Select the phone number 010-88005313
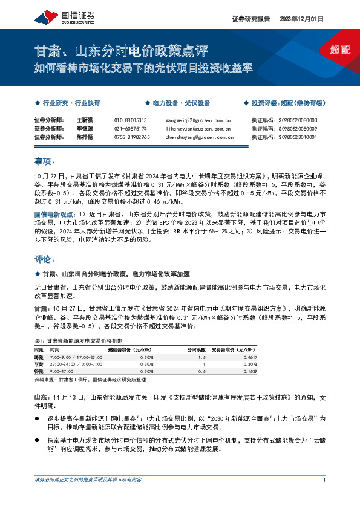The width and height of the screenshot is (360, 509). [130, 120]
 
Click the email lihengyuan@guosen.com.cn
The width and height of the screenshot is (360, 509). [198, 129]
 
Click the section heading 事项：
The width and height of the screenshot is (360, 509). [45, 161]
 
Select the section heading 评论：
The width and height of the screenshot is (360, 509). [45, 259]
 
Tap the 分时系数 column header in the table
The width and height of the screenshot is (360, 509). [197, 349]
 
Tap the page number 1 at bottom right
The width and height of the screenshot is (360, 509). [325, 479]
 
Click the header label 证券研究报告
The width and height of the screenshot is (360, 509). [249, 19]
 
